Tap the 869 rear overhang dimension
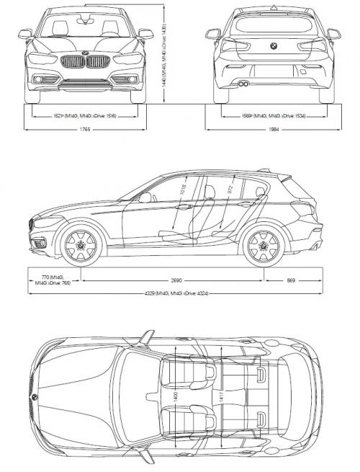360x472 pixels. click(291, 279)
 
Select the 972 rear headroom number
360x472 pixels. click(230, 190)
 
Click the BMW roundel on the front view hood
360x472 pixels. click(86, 53)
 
